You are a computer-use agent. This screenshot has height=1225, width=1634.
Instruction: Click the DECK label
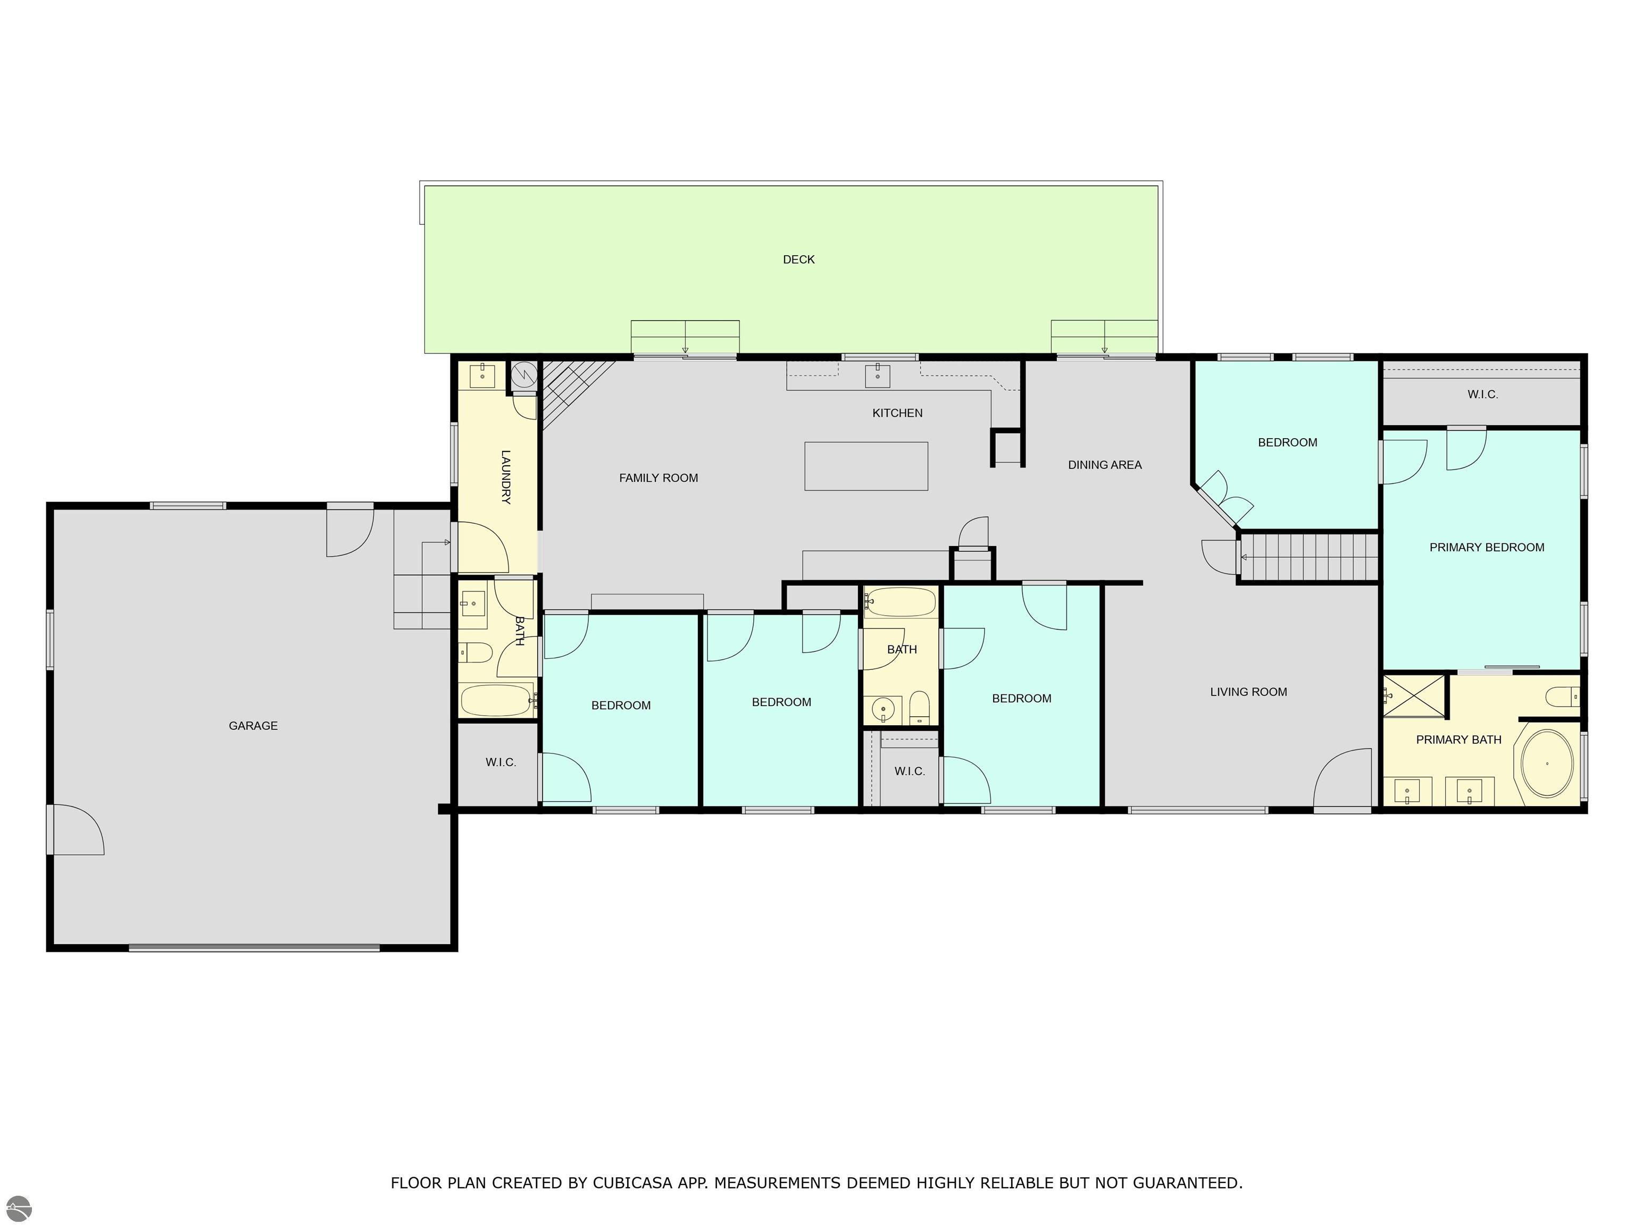798,259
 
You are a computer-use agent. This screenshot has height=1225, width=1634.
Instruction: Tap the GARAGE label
253,726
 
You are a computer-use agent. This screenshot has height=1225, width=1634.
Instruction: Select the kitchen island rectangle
866,466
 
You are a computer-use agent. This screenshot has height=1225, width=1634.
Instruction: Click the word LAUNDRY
506,477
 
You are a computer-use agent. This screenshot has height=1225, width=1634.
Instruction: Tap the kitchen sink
878,376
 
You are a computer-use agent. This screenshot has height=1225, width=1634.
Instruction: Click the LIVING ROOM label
1248,692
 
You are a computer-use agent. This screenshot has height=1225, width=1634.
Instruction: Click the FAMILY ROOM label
658,478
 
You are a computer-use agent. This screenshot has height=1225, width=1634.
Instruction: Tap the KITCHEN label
897,413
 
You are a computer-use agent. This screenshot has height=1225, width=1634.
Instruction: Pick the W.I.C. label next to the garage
501,762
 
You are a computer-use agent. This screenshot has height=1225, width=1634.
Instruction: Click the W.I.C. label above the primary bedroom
1482,395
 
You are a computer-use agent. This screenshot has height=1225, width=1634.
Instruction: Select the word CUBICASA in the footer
632,1183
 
